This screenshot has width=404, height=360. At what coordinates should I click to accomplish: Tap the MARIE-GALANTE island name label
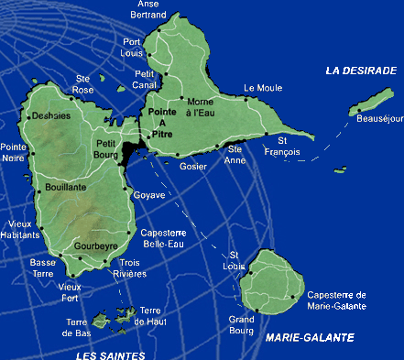[x=310, y=338]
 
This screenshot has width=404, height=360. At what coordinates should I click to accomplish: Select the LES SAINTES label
[x=110, y=355]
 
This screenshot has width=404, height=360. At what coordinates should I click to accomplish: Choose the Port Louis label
[x=133, y=48]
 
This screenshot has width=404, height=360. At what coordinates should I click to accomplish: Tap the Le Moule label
[x=262, y=89]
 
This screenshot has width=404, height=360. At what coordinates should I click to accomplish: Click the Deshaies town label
[x=49, y=116]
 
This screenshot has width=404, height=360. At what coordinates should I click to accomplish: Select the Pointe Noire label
[x=14, y=152]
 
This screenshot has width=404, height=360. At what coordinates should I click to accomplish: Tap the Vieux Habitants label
[x=20, y=228]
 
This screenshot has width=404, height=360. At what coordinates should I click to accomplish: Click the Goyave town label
[x=149, y=195]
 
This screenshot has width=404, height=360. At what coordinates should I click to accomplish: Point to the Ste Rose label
[x=84, y=84]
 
